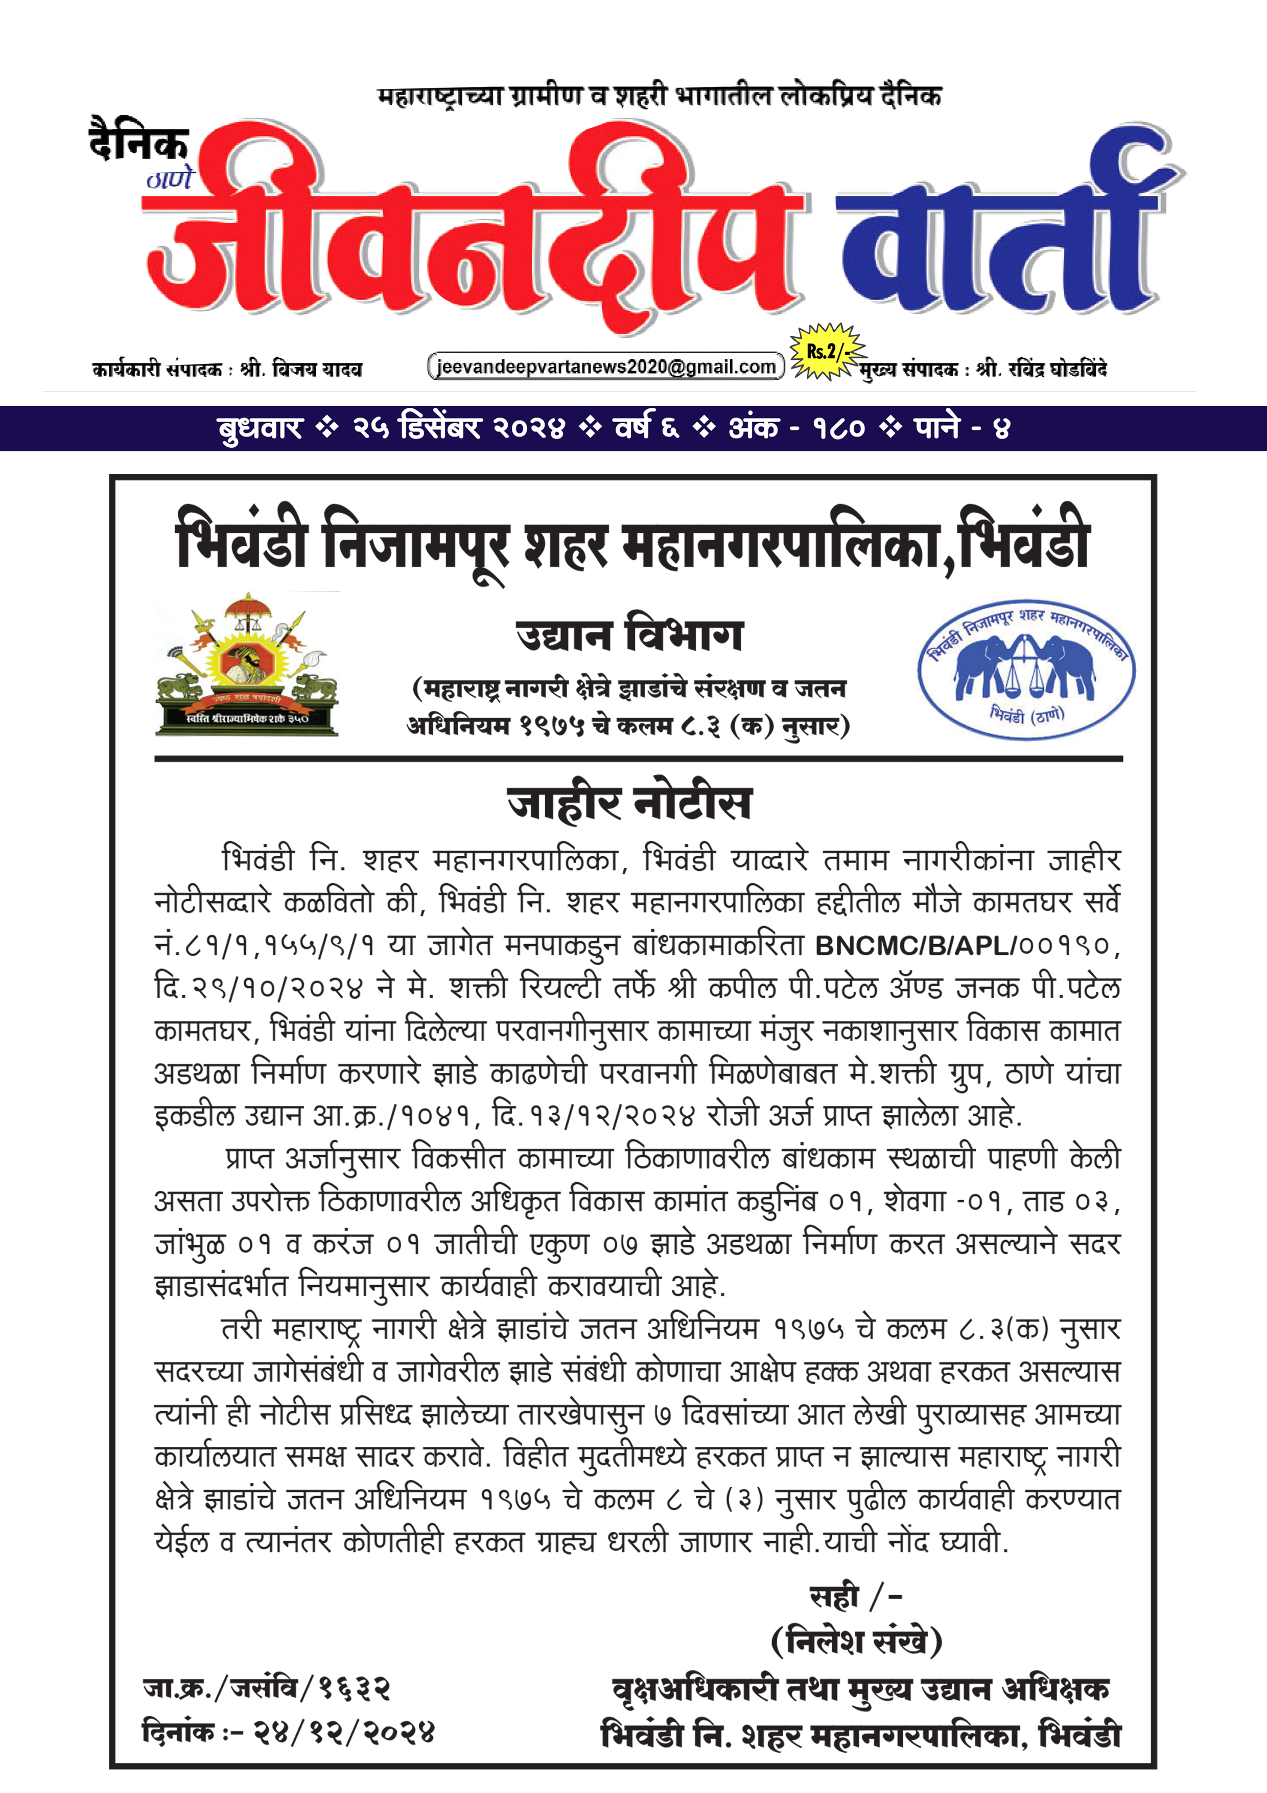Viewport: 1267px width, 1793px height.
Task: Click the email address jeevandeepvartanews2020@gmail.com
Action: (606, 367)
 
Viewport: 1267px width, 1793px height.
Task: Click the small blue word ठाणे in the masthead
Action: (170, 179)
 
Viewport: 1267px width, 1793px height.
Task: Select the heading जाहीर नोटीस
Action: (629, 803)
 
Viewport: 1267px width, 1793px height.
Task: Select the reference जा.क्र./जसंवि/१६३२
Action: (266, 1688)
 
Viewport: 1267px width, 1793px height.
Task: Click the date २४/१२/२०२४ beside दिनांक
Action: (343, 1733)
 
